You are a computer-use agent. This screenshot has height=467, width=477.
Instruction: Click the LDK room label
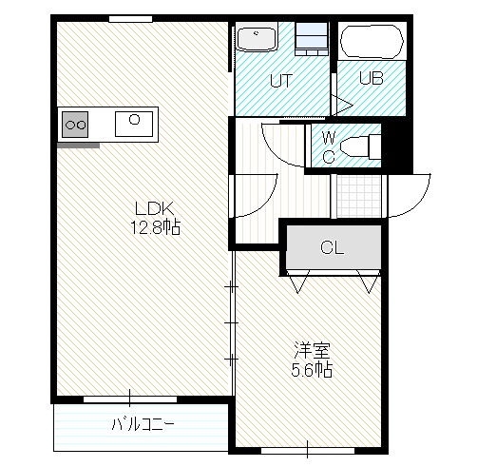pos(154,208)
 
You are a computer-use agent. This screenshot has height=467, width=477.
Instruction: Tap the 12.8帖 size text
pos(156,227)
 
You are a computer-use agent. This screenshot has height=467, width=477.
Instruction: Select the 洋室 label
pos(312,351)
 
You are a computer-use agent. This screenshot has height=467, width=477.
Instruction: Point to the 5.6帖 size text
pos(312,370)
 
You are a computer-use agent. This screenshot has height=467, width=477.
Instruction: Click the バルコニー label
pos(143,423)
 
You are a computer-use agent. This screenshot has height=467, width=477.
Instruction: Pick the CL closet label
pos(332,247)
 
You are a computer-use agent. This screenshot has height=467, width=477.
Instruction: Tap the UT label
pos(280,81)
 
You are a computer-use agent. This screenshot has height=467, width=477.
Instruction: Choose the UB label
pos(372,78)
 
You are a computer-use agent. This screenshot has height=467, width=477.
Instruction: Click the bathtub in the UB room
pos(372,41)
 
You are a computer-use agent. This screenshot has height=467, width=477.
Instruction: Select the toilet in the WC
pos(360,146)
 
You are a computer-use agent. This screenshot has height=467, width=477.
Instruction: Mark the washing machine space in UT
pos(312,39)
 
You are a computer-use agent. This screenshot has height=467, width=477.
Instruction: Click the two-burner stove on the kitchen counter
pos(75,125)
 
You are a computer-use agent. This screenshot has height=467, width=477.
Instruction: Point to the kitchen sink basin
pos(134,124)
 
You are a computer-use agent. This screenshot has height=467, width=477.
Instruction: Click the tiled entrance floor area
pos(358,196)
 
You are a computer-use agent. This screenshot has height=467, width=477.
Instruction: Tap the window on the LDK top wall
pos(130,19)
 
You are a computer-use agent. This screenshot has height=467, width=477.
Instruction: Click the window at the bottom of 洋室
pos(307,450)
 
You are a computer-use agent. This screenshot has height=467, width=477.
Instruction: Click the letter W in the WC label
pos(330,138)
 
